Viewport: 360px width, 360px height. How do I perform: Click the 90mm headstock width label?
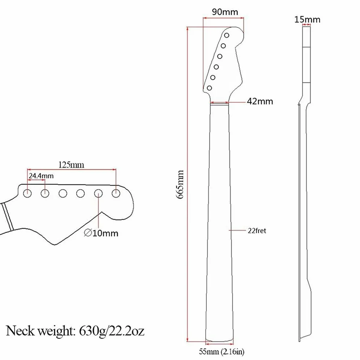point(225,12)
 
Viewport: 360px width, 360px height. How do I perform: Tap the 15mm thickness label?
point(307,19)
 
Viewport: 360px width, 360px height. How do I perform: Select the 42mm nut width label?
point(260,101)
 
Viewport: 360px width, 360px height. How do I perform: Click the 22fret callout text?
point(257,231)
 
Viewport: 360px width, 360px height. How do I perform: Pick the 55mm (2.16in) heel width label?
point(221,352)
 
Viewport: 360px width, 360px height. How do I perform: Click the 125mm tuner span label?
point(71,165)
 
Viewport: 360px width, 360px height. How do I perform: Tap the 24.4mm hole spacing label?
point(41,176)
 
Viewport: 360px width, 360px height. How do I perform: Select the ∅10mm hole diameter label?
point(101,233)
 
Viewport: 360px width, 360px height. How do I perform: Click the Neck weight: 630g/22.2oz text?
point(75,331)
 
